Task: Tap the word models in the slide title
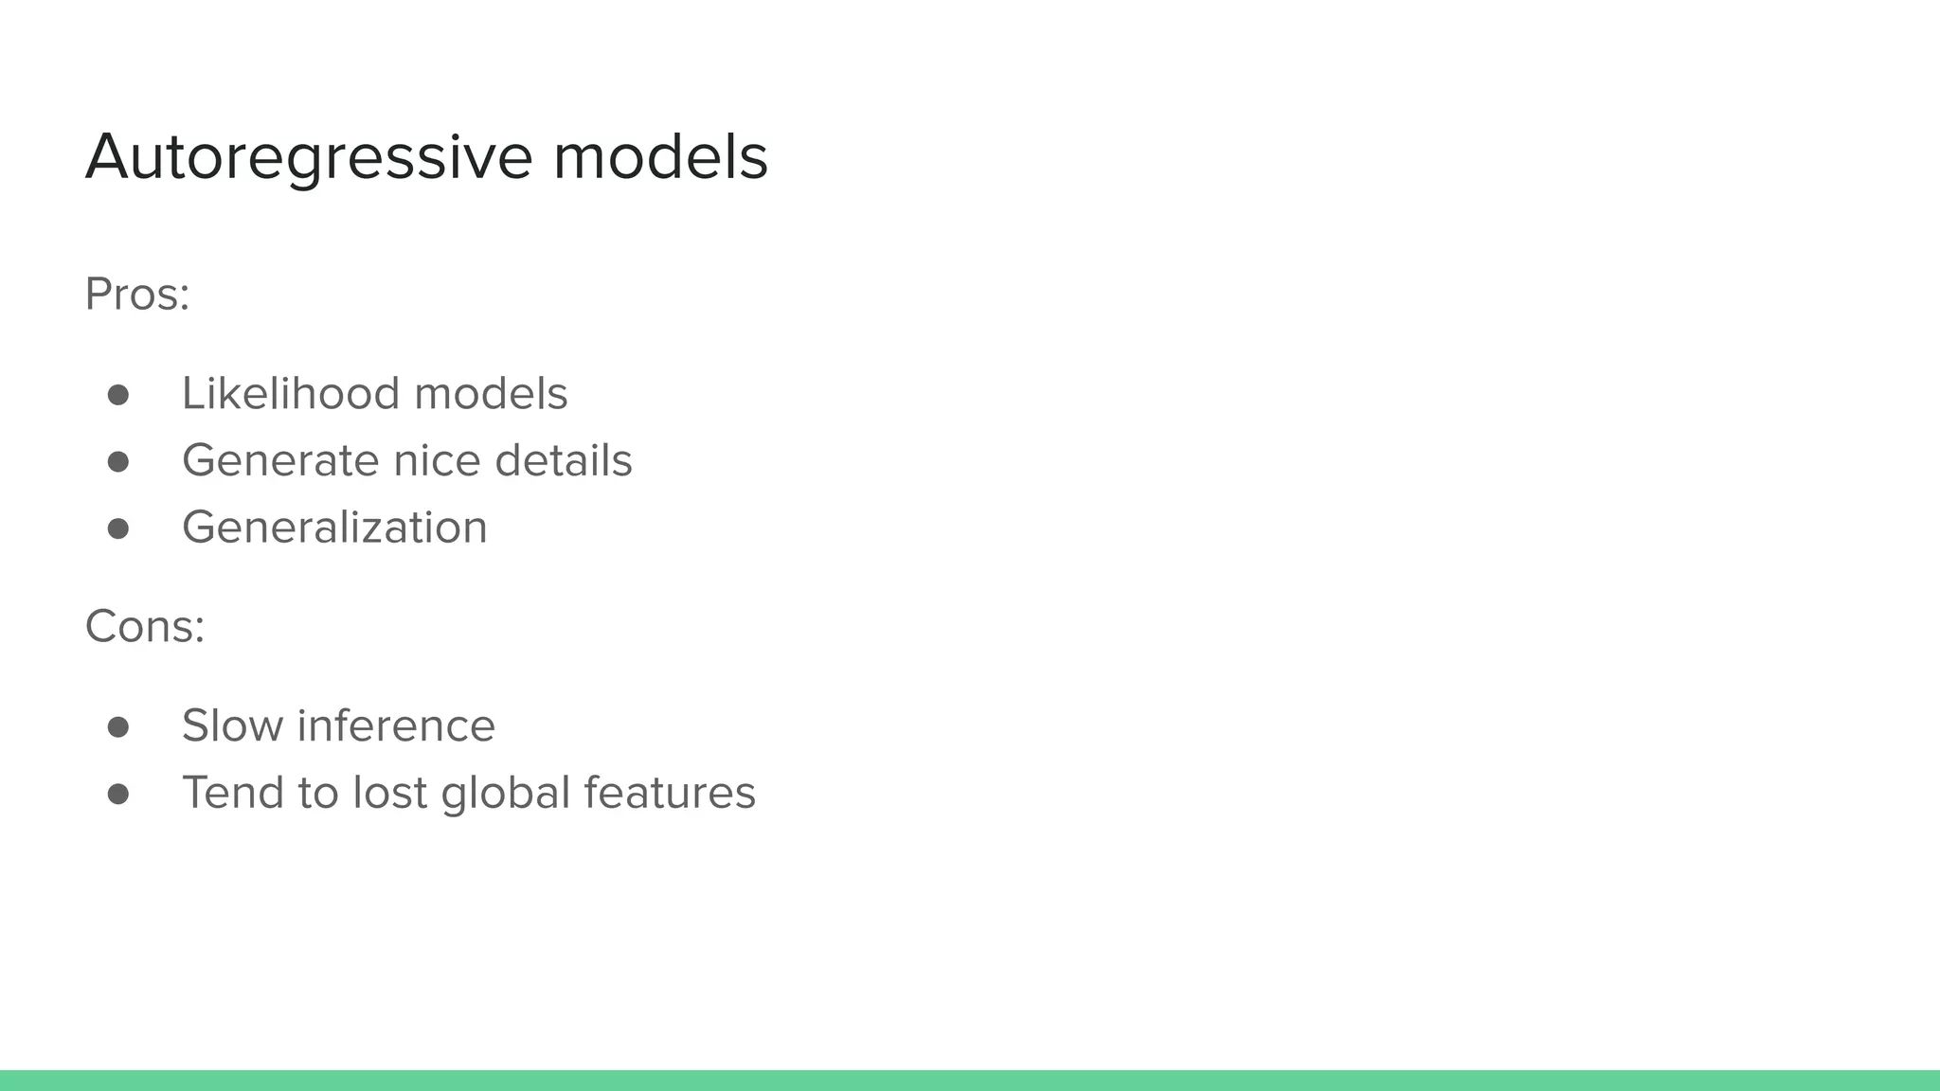[x=660, y=156]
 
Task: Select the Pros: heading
[x=137, y=294]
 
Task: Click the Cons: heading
[x=145, y=626]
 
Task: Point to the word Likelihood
[x=291, y=393]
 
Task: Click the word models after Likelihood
[x=491, y=394]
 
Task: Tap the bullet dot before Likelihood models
[x=118, y=395]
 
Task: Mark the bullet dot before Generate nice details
[x=118, y=461]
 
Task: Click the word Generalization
[x=334, y=528]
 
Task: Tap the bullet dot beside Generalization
[x=118, y=528]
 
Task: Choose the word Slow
[x=232, y=726]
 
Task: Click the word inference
[x=396, y=726]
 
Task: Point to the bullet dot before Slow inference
[x=118, y=726]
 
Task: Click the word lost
[x=390, y=793]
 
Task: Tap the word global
[x=506, y=794]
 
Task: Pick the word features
[x=670, y=793]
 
